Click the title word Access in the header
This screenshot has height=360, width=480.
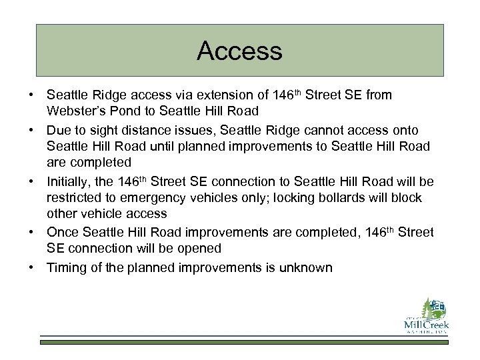pos(239,51)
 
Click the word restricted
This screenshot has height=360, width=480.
pos(74,198)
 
